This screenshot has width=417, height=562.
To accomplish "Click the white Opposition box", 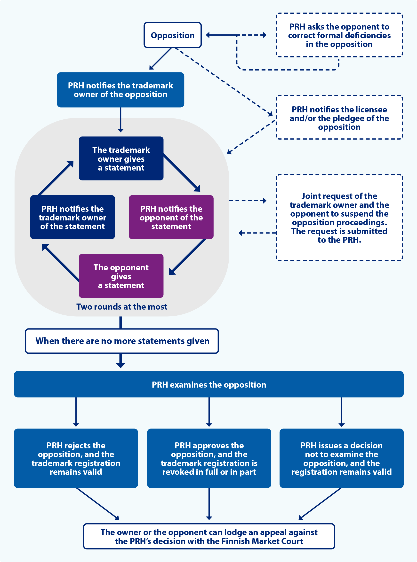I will (173, 35).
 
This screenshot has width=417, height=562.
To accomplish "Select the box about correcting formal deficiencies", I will (339, 35).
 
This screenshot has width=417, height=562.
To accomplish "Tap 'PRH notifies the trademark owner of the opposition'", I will (120, 90).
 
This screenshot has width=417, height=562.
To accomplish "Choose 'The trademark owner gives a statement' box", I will (121, 158).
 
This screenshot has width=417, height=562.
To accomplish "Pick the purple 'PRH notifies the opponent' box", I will (171, 217).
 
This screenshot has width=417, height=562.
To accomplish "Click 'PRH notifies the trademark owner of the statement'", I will (72, 217).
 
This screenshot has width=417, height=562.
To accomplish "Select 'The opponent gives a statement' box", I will (121, 276).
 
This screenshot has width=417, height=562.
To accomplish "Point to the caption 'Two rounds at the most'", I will (122, 307).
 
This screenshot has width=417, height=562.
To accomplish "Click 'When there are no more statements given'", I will (122, 341).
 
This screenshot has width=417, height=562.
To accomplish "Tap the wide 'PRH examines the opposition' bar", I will (209, 384).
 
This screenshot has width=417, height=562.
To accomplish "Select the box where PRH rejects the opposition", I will (76, 458).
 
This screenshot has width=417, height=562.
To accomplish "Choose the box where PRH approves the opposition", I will (209, 458).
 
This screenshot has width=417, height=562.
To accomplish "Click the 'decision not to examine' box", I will (341, 458).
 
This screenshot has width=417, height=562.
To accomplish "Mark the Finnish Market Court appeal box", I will (209, 536).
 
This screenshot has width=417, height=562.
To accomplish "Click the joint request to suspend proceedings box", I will (339, 218).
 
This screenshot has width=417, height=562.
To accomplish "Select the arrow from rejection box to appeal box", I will (97, 503).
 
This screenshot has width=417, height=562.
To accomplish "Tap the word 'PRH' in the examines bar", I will (160, 385).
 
